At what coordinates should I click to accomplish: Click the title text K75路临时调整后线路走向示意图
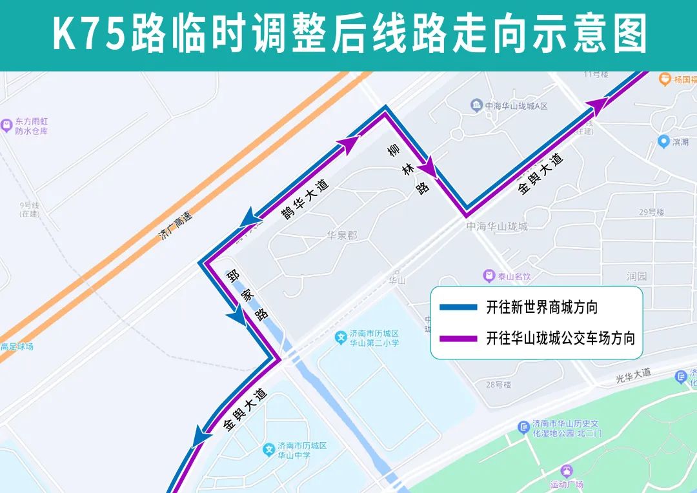pyautogui.click(x=348, y=34)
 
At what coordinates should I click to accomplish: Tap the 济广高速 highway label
pyautogui.click(x=176, y=226)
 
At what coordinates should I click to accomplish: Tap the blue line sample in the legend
pyautogui.click(x=458, y=307)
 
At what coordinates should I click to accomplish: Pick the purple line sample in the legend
pyautogui.click(x=458, y=338)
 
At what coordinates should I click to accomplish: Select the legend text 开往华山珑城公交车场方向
pyautogui.click(x=560, y=338)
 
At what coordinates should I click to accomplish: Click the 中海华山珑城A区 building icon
pyautogui.click(x=476, y=105)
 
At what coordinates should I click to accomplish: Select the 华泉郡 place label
pyautogui.click(x=341, y=236)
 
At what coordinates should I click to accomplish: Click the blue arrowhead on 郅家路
pyautogui.click(x=236, y=316)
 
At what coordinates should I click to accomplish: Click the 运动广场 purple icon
pyautogui.click(x=567, y=471)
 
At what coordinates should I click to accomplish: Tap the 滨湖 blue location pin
pyautogui.click(x=663, y=141)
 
